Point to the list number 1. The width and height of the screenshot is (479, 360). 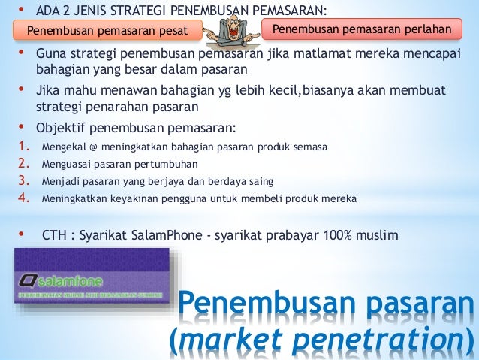23,147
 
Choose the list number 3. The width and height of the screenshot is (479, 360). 23,181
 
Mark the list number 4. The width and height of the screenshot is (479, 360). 23,198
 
